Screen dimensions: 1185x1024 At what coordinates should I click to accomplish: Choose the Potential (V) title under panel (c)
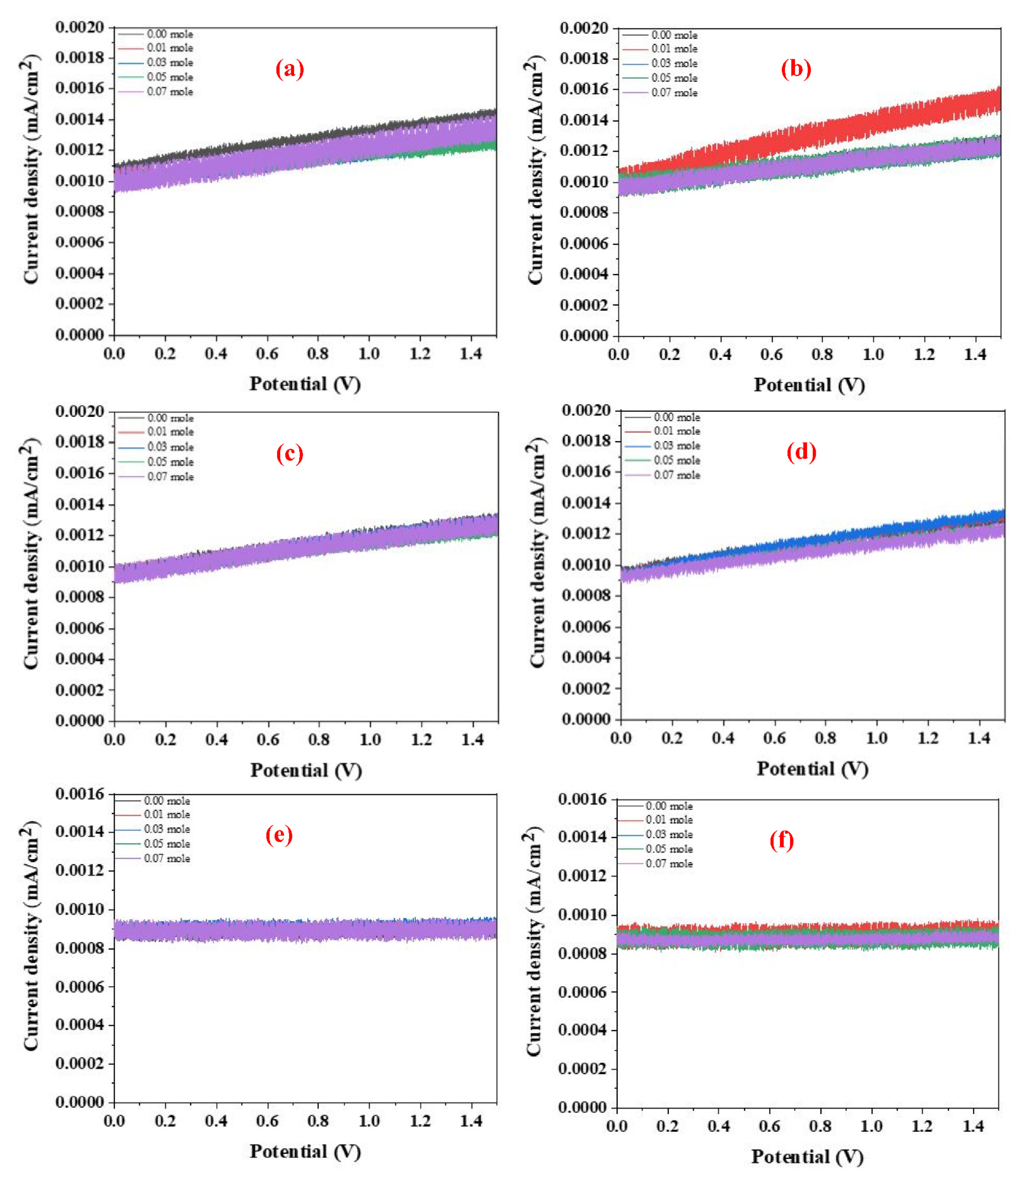[306, 770]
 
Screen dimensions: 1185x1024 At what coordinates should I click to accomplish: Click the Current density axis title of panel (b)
[535, 170]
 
